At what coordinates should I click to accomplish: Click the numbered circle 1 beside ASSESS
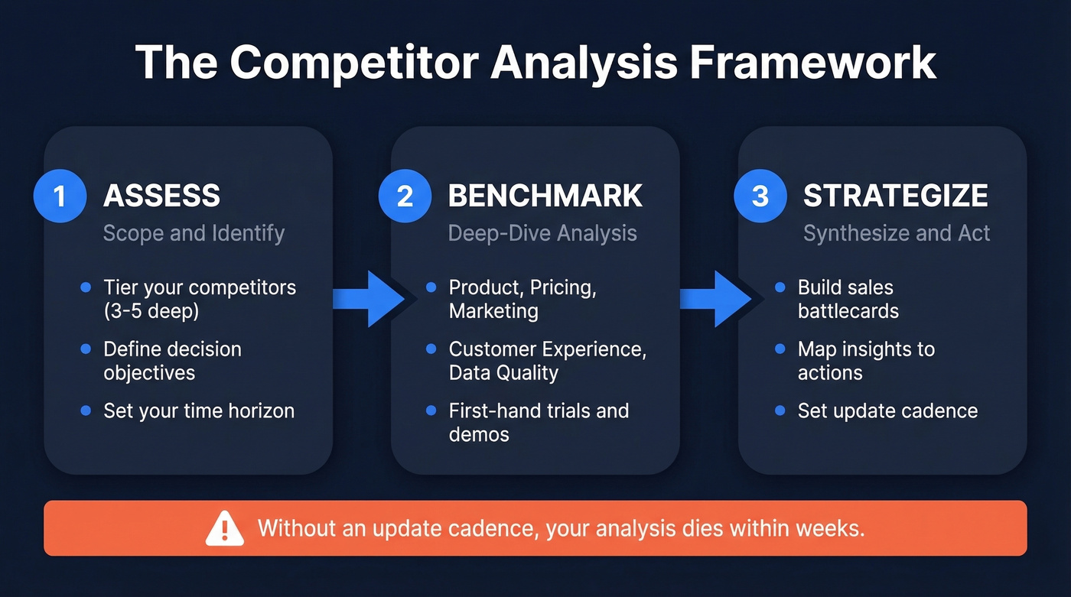(60, 196)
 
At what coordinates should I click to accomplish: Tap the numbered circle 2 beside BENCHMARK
(405, 196)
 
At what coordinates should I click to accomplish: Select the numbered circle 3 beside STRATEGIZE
(760, 196)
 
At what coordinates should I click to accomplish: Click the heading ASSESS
(161, 196)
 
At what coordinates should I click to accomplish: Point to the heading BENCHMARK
(545, 196)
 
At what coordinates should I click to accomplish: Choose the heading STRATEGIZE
(895, 196)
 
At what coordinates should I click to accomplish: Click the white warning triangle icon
(225, 529)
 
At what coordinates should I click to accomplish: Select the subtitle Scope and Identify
(194, 233)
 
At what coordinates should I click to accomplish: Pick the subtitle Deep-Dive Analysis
(542, 233)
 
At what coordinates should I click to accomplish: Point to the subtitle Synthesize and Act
(897, 233)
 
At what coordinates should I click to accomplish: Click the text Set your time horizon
(199, 410)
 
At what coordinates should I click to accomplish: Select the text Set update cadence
(887, 410)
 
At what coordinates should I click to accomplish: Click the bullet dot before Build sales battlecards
(780, 288)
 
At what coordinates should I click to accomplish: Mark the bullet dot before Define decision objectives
(86, 349)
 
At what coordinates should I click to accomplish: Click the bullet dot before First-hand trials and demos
(431, 411)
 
